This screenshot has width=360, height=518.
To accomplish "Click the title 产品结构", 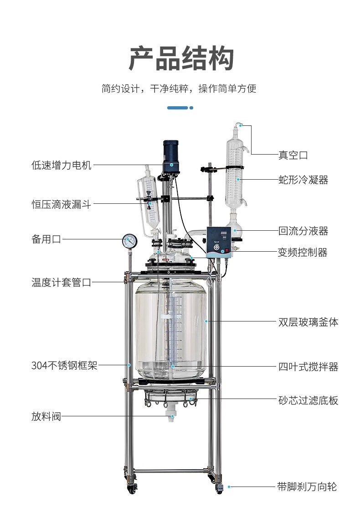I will tap(181, 58).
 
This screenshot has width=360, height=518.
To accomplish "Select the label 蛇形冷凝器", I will tap(303, 180).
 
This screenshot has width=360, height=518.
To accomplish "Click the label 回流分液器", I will tap(303, 231).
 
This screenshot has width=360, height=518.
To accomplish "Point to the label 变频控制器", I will tap(303, 252).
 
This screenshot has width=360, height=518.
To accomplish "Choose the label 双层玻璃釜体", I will tap(308, 322).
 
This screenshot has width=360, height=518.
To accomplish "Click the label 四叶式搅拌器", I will tap(308, 367).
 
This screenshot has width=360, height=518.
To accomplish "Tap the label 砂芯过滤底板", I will tap(308, 400).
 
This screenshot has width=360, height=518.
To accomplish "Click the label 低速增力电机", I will tap(62, 165).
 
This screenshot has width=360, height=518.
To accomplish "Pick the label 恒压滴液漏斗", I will tap(62, 204).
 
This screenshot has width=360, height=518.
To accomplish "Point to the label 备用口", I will tap(46, 239).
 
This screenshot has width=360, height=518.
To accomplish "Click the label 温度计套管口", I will tap(62, 283).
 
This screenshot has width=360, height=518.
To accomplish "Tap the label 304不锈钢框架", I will tap(64, 365).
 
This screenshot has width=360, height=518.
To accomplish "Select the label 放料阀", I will tap(46, 416).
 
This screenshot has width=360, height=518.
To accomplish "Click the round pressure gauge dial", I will tap(129, 240).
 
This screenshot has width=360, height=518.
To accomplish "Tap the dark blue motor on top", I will tap(171, 153).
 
